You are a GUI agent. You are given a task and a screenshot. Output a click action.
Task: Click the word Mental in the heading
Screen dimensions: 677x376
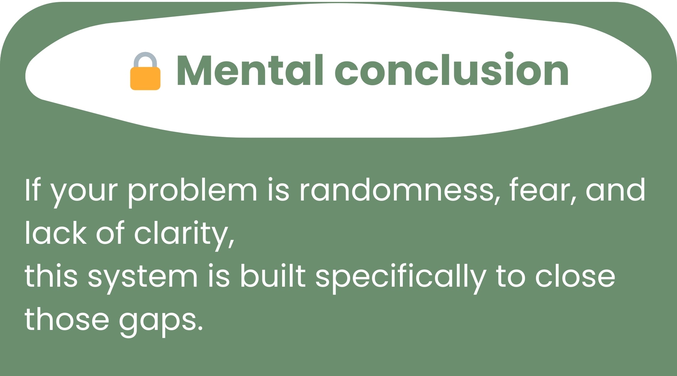point(250,70)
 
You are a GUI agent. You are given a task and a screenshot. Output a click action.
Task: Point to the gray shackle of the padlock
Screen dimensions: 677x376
point(145,60)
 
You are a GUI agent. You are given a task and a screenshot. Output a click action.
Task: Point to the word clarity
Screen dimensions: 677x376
point(184,235)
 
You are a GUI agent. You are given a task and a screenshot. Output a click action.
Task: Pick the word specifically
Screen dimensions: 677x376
point(400,278)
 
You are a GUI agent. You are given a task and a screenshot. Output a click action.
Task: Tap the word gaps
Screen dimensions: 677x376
point(161,322)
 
